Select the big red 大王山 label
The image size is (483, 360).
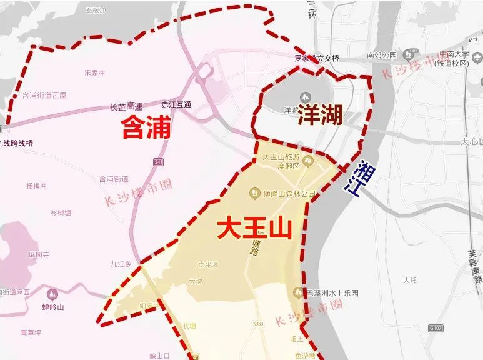coord(255,228)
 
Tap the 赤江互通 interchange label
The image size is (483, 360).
coord(176,104)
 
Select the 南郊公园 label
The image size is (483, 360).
coord(382,55)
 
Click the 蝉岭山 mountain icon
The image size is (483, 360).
coord(52,293)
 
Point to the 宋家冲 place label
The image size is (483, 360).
coord(94,73)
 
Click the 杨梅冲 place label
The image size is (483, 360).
coord(37,186)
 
